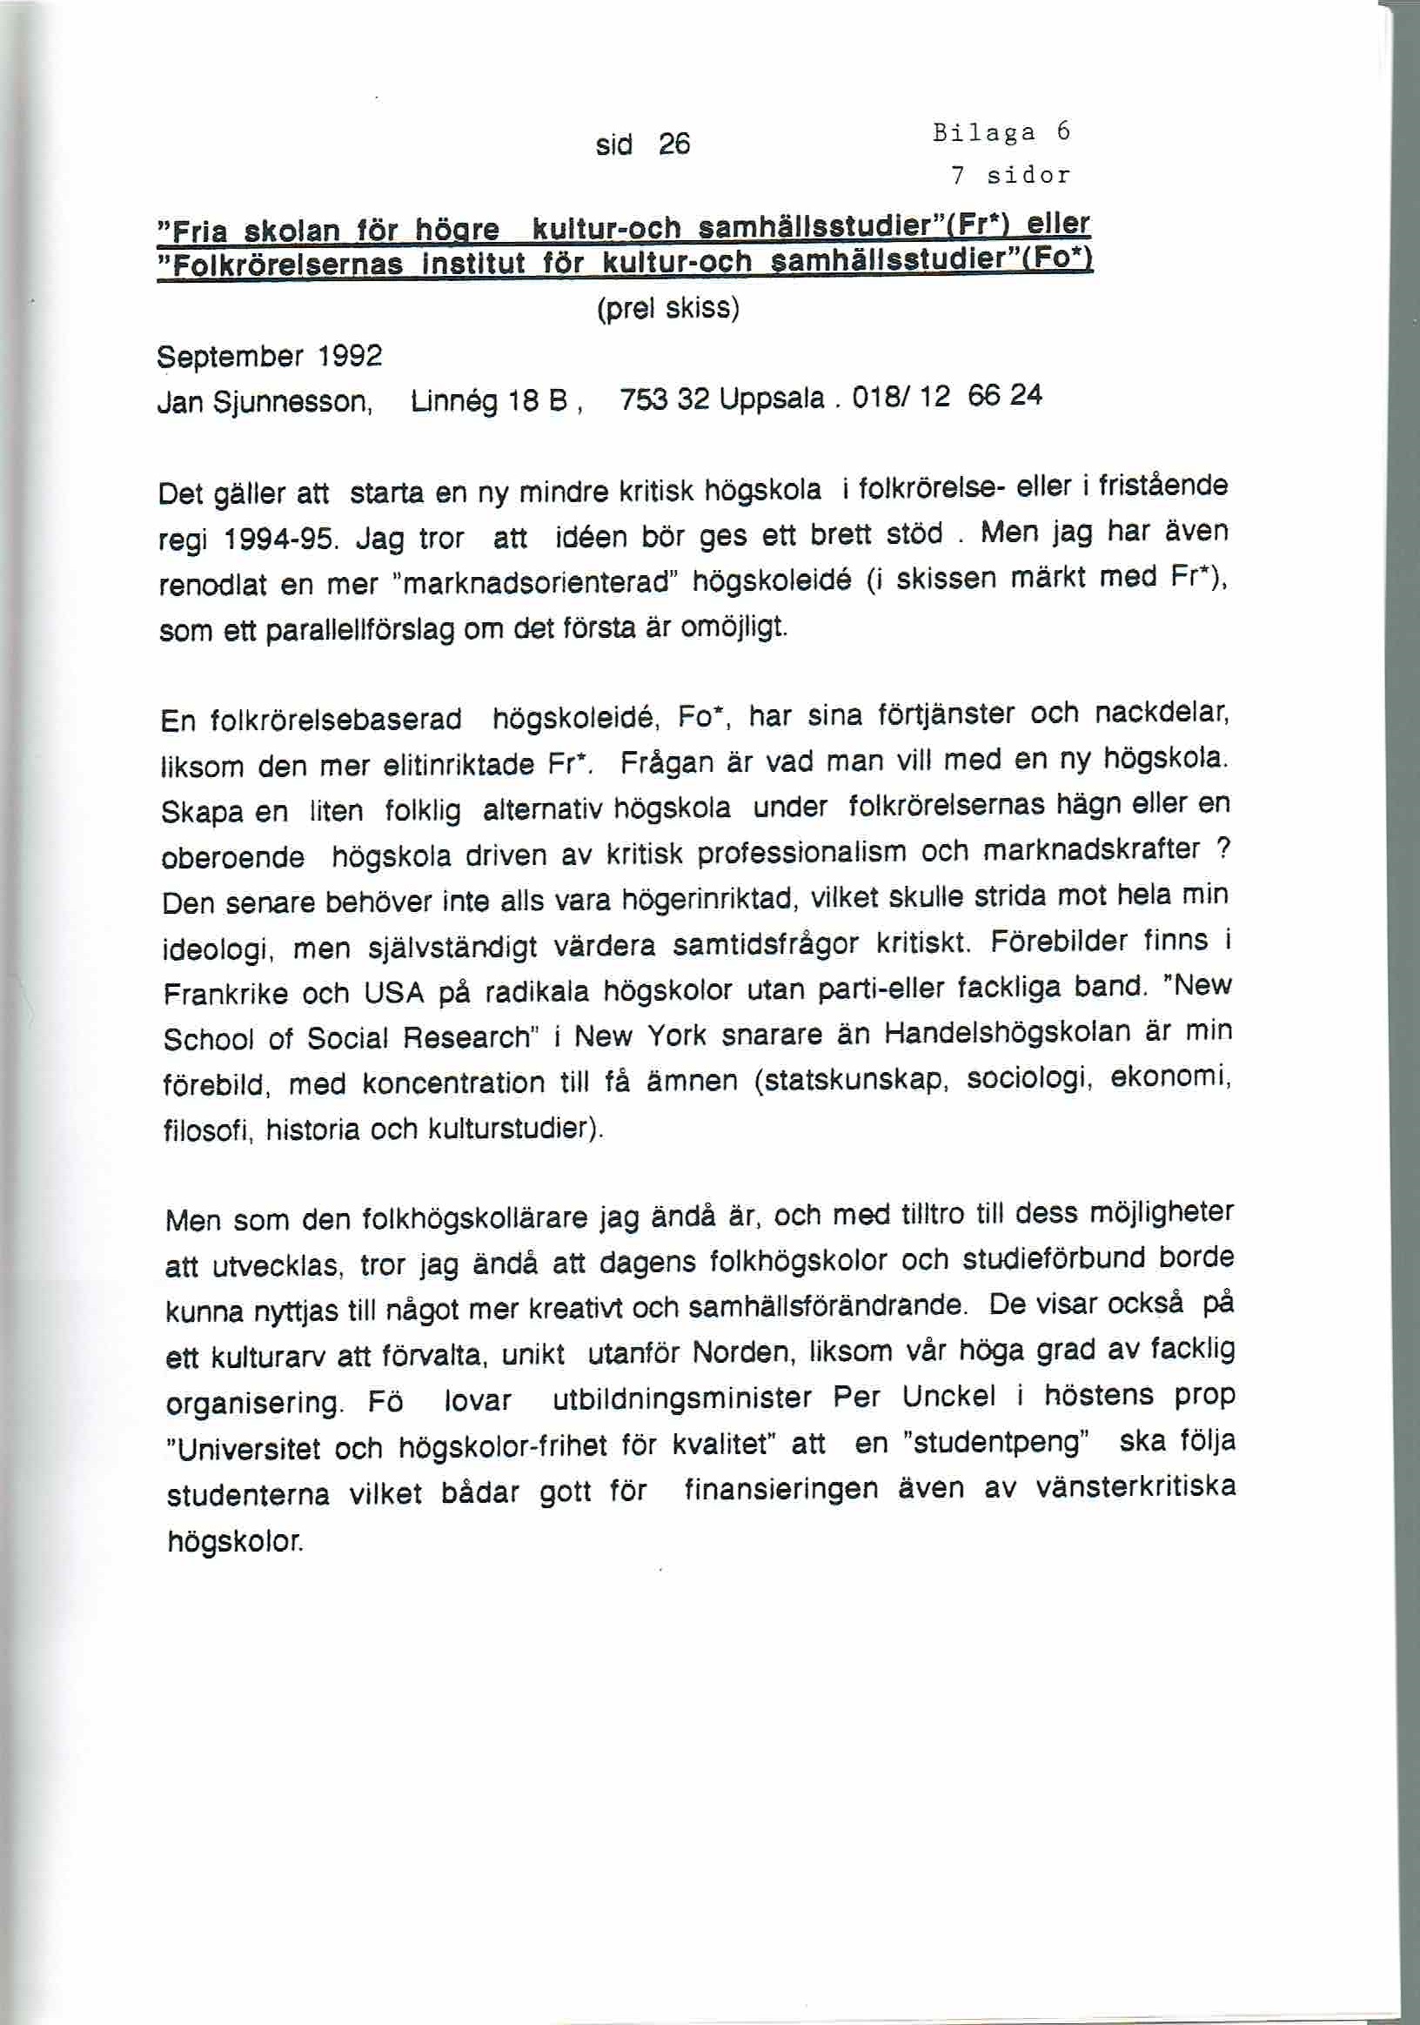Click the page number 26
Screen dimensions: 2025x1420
pos(673,144)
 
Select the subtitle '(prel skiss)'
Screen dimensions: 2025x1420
pos(667,309)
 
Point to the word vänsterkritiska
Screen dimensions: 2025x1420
pos(1135,1489)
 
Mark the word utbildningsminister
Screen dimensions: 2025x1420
pos(682,1398)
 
